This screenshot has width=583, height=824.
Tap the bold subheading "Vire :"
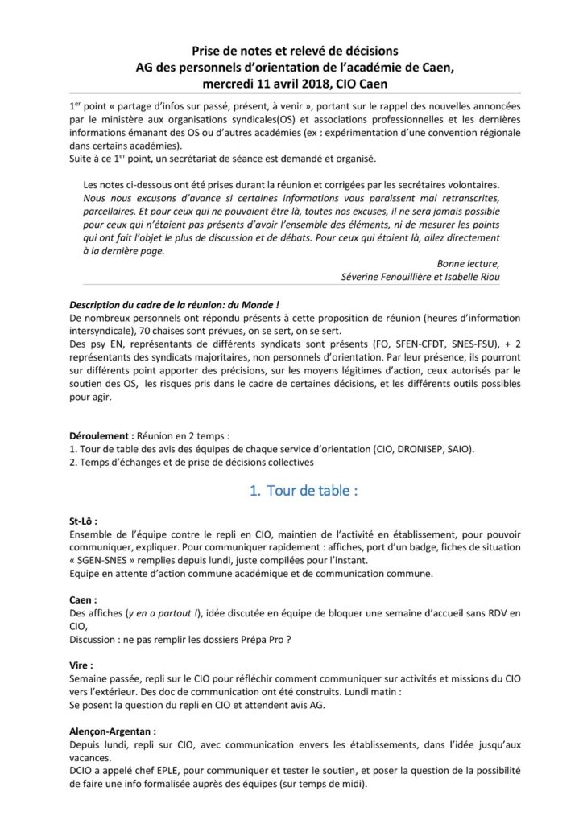coord(81,667)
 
